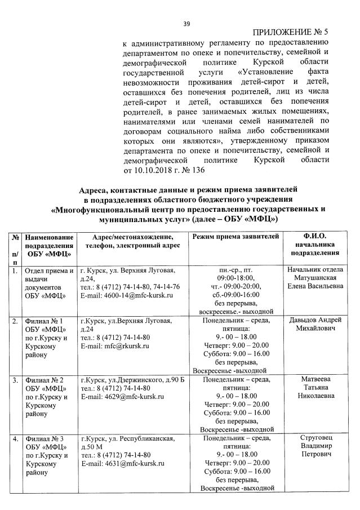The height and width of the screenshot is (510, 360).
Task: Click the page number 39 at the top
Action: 187,23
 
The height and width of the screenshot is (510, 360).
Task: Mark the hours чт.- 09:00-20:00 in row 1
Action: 236,286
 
